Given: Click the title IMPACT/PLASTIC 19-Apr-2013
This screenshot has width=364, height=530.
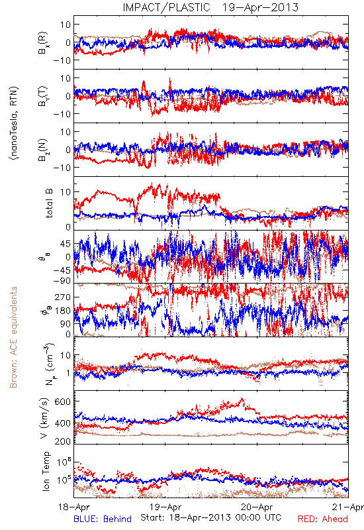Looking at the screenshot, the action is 210,7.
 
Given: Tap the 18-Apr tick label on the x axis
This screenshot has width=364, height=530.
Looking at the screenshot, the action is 73,507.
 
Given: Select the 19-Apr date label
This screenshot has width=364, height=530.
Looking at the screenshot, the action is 165,507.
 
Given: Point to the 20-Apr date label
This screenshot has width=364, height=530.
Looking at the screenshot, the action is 257,507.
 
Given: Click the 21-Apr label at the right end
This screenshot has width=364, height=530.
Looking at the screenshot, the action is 348,507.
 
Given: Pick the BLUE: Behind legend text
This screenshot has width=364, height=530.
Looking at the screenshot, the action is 103,519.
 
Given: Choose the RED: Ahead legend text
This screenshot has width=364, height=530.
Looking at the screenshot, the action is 323,519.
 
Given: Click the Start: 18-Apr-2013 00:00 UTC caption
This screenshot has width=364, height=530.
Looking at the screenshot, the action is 210,517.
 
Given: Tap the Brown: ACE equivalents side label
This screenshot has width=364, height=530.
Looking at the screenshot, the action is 13,337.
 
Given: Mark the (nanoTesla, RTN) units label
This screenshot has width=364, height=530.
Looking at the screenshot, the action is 14,123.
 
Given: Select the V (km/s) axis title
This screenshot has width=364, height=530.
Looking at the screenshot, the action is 45,418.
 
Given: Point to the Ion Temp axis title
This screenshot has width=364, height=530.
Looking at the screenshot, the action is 46,471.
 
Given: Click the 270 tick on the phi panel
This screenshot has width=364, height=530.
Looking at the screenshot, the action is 63,297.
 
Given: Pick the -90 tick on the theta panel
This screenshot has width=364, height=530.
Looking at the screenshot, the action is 62,280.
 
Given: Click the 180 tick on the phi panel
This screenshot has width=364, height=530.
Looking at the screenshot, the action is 63,310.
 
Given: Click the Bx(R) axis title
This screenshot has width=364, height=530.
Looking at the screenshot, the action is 43,43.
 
